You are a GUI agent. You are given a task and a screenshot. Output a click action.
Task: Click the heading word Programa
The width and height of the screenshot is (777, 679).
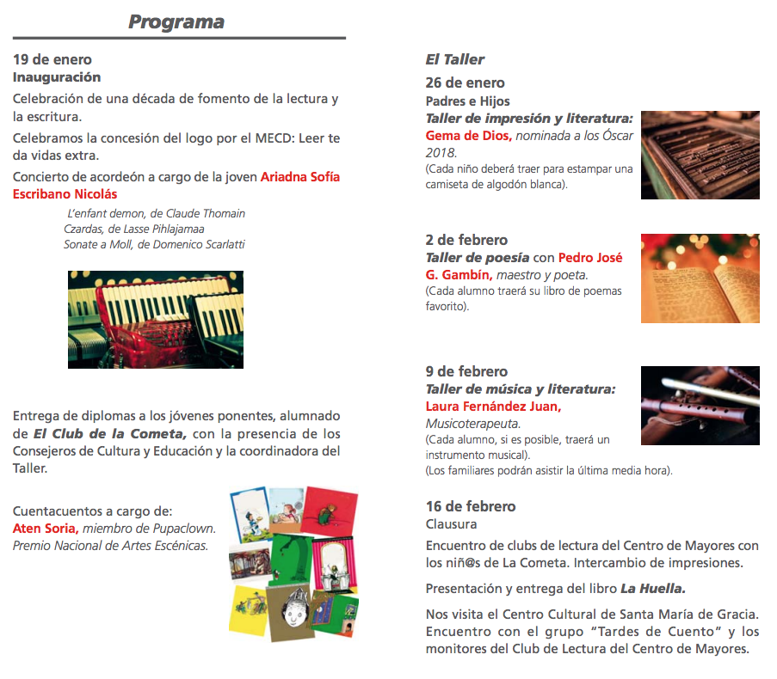pyautogui.click(x=176, y=21)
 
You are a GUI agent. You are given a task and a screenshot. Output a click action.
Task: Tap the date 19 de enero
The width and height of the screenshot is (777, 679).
pyautogui.click(x=52, y=60)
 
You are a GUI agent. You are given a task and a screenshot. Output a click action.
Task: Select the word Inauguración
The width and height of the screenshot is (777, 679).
pyautogui.click(x=57, y=77)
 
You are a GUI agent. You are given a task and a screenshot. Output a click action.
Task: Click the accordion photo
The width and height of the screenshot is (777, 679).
pyautogui.click(x=156, y=320)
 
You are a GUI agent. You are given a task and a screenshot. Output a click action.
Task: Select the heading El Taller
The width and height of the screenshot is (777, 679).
pyautogui.click(x=455, y=59)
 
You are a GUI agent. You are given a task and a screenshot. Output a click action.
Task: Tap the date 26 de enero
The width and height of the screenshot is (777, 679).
pyautogui.click(x=466, y=83)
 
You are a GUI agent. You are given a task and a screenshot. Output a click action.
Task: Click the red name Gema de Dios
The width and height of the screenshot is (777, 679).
pyautogui.click(x=469, y=136)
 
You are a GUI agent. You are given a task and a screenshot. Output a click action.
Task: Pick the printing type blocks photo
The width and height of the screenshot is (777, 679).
pyautogui.click(x=700, y=155)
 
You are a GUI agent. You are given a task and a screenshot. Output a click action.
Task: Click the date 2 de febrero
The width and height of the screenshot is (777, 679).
pyautogui.click(x=466, y=240)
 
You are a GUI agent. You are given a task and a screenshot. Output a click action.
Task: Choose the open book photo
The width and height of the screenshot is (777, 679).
pyautogui.click(x=700, y=278)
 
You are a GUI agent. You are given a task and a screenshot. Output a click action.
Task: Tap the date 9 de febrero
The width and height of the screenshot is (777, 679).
pyautogui.click(x=466, y=371)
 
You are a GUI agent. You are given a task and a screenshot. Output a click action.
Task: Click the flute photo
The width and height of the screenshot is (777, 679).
pyautogui.click(x=700, y=405)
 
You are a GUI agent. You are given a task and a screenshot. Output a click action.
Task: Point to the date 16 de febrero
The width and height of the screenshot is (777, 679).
pyautogui.click(x=471, y=506)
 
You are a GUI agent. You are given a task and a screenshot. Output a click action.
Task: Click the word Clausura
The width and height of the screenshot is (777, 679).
pyautogui.click(x=451, y=523)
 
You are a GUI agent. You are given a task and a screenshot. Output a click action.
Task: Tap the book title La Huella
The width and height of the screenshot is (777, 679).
pyautogui.click(x=652, y=589)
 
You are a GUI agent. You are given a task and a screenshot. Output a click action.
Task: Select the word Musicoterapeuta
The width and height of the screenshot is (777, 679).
pyautogui.click(x=473, y=424)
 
